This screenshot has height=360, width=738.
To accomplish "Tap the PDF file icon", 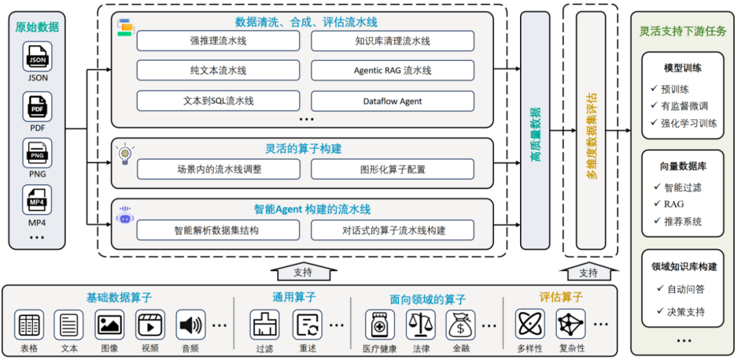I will coord(38,106).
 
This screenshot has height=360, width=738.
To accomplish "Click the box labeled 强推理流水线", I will coord(218,41).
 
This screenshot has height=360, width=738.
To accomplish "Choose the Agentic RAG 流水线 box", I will coord(392,70).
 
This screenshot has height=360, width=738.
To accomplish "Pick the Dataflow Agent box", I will coord(392,101).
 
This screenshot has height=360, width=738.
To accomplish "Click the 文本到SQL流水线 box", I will coord(218,101).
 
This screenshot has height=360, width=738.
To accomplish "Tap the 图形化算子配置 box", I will coord(392,169).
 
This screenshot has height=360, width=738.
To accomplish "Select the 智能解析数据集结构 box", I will coord(218,230).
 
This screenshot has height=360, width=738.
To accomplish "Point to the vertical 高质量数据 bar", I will coord(535,130).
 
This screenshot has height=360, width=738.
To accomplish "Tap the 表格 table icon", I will coord(29,325).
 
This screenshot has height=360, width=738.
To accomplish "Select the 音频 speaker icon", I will coord(191,325).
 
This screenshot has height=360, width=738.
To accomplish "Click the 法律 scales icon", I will coord(420,325).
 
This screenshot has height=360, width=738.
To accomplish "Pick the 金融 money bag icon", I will coord(461,325).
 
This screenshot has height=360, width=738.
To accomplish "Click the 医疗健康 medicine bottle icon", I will coord(379,325).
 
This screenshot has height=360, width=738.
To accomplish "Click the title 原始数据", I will coord(37,27).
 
